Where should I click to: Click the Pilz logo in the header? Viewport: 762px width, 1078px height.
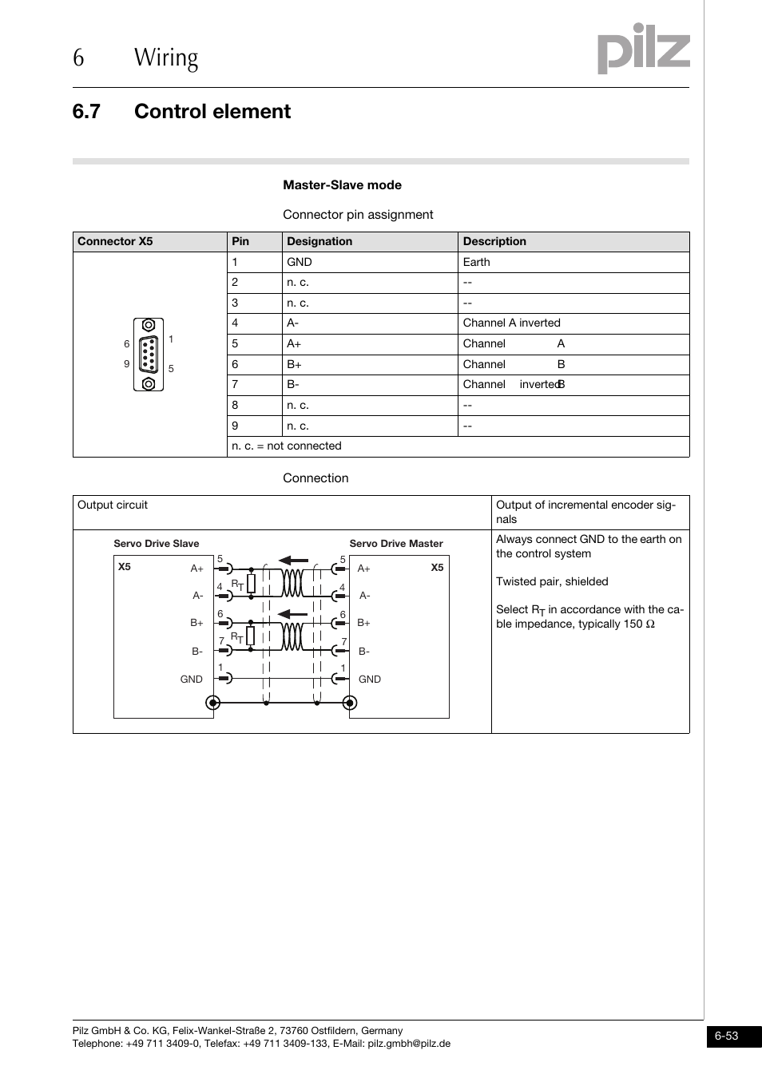643,50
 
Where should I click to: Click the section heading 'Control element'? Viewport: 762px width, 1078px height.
212,112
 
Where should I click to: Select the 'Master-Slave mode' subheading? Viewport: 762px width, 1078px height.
342,185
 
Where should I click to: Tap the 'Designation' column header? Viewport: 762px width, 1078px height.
319,241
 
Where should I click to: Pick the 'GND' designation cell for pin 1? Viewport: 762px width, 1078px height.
300,262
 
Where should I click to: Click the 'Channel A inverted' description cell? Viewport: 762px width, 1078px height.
511,323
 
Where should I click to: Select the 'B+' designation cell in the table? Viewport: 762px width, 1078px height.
295,364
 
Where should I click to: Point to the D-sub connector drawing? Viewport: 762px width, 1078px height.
149,355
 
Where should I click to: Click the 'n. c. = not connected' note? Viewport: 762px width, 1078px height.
286,446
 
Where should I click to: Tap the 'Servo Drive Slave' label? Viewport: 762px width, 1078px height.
156,544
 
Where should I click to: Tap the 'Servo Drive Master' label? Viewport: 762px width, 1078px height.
395,544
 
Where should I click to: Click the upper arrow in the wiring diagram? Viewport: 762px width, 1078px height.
292,561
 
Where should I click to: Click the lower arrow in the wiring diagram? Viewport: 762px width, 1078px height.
292,613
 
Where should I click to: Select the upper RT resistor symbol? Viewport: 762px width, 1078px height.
251,583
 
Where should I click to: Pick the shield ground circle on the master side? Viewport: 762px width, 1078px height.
349,703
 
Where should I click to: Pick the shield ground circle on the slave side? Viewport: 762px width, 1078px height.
213,703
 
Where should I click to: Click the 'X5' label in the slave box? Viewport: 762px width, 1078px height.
125,567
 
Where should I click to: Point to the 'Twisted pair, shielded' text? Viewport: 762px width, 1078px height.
552,582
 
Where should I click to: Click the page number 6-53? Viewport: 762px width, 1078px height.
726,1036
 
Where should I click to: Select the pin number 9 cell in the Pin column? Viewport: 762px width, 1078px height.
235,426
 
